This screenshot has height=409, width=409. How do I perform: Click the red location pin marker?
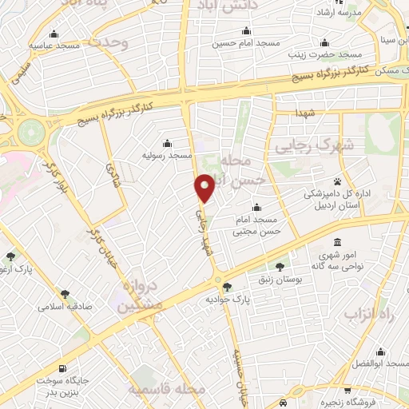[205, 187]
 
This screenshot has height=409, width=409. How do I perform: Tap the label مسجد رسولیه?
[167, 155]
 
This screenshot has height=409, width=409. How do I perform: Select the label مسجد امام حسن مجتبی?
[255, 226]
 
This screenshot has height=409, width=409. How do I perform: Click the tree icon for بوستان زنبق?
[280, 267]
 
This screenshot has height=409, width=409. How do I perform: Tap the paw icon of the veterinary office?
[338, 181]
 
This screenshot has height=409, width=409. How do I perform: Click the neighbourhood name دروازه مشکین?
[140, 296]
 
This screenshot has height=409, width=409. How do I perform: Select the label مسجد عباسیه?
[54, 46]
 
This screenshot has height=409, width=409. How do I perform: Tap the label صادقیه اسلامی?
[68, 305]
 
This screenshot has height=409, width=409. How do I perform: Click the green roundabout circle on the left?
[29, 131]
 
